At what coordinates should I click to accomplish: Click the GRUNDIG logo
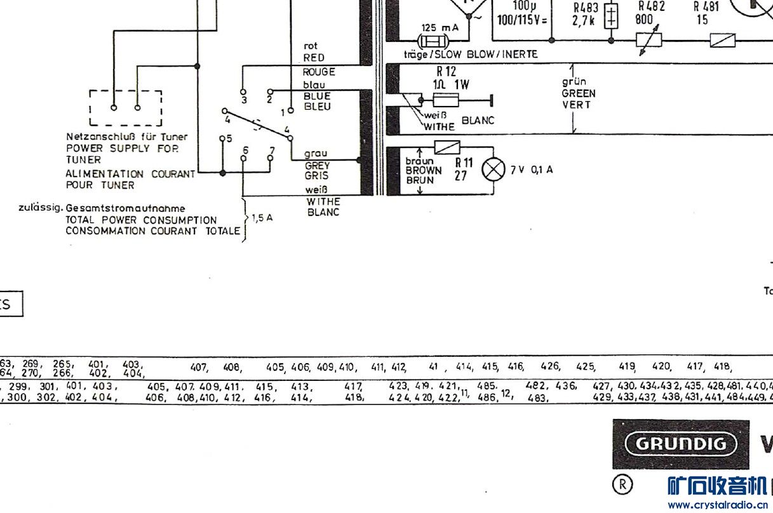point(681,443)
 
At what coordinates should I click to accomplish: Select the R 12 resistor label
point(447,72)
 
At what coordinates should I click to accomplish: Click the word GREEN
point(578,93)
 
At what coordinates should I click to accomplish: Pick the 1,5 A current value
point(262,218)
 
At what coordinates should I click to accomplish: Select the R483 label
point(586,8)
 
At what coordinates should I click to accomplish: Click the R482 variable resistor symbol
point(649,39)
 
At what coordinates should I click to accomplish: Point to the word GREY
point(317,165)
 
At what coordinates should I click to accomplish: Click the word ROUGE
point(318,72)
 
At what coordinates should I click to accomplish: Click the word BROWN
point(424,171)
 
